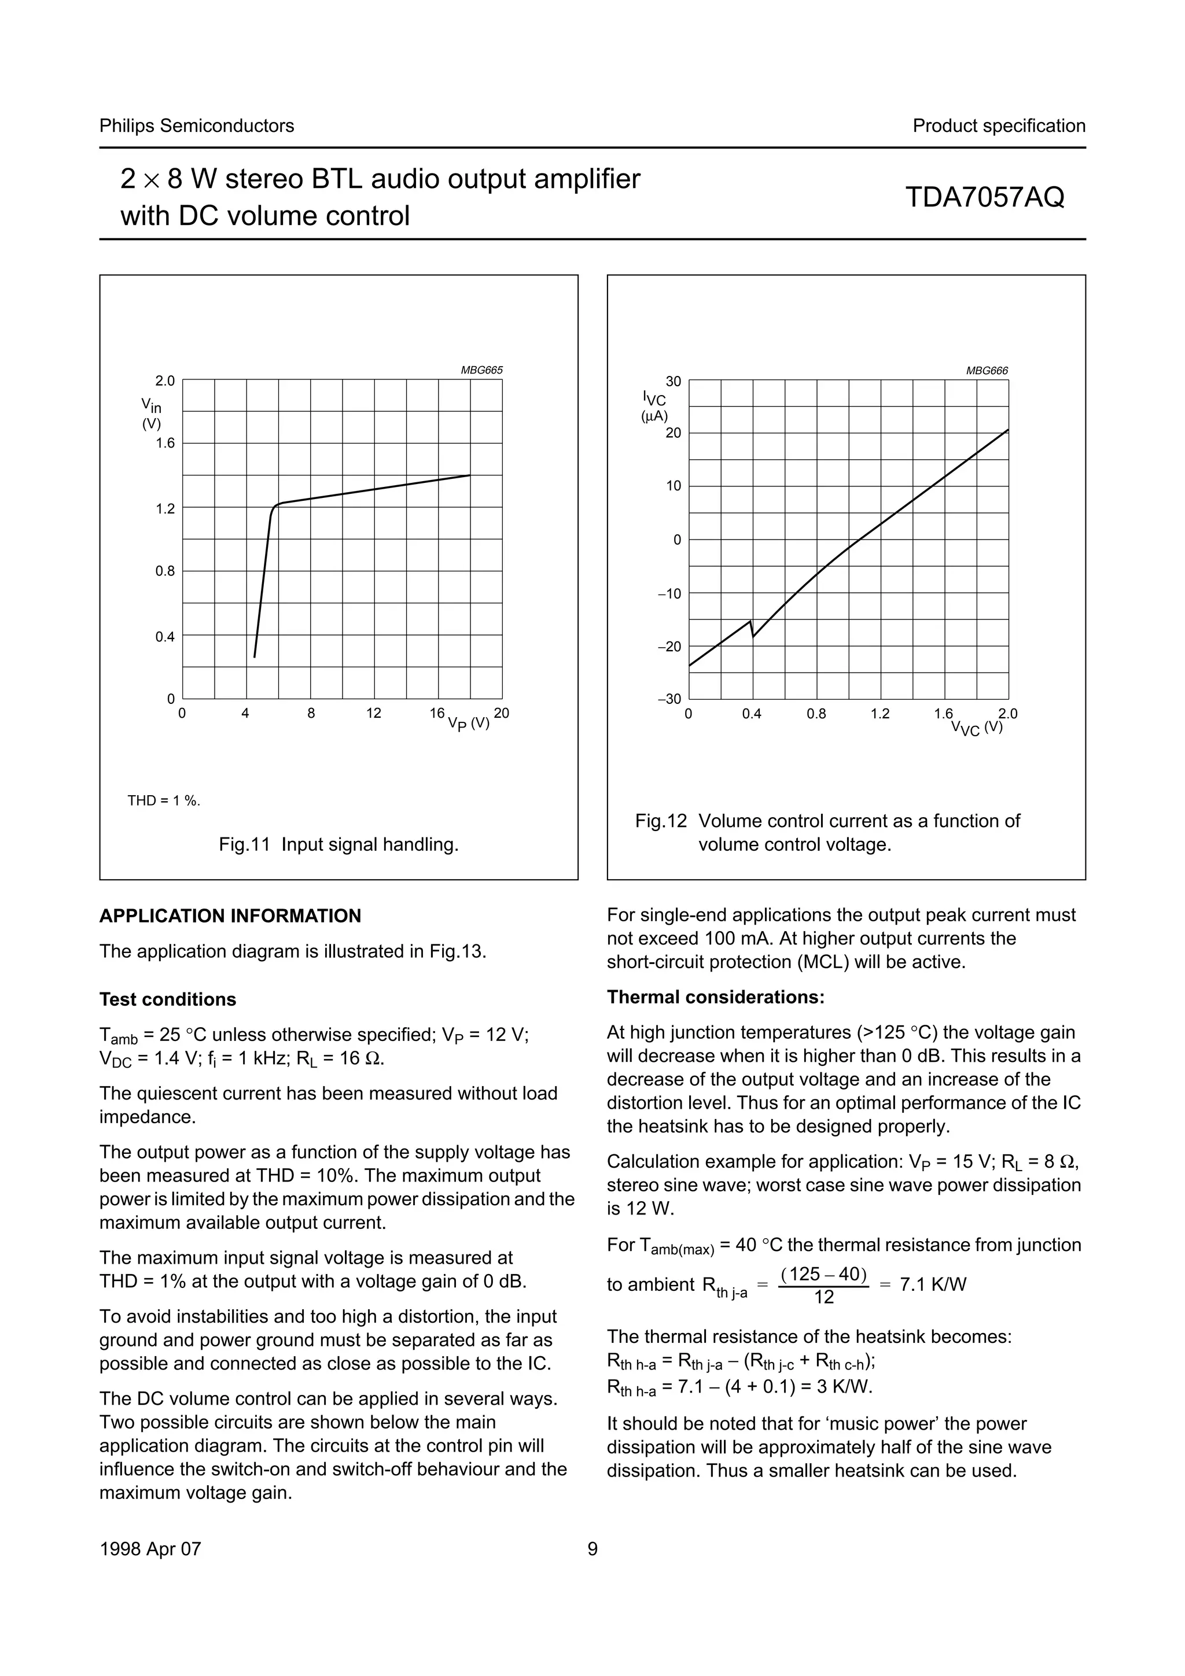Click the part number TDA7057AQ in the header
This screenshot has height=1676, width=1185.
pos(984,197)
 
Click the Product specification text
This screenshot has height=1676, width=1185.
pos(998,125)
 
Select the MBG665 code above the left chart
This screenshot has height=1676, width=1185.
pos(481,370)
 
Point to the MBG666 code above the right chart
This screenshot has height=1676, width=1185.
pos(987,371)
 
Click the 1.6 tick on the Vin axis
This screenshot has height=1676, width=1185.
pos(165,443)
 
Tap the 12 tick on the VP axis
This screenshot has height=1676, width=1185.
pos(374,713)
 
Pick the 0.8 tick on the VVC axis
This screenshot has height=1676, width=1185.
pos(816,714)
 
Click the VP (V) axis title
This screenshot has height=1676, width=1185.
pos(468,723)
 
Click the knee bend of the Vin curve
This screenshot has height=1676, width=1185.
pos(275,505)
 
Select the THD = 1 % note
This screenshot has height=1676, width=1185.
pos(164,801)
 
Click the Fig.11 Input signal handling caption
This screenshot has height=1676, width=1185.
pos(339,844)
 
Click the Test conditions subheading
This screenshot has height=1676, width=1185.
pos(168,999)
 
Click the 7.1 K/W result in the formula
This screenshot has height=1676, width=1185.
pos(932,1284)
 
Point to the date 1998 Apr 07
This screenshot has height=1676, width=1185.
pos(150,1549)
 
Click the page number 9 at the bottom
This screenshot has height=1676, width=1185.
pos(592,1549)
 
